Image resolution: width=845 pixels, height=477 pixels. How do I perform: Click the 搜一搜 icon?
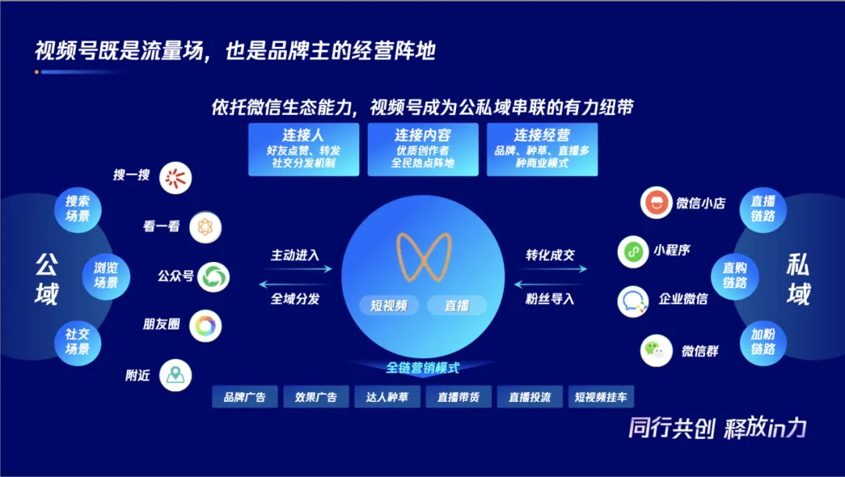coord(175,178)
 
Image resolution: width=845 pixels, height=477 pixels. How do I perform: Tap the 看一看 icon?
coord(205,228)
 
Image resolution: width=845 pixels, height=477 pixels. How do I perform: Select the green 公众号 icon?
coord(212,277)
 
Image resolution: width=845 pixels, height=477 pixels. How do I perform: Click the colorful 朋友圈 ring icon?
coord(205,325)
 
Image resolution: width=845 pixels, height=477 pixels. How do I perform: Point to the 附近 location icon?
coord(175,375)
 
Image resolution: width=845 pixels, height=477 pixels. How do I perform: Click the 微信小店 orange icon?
coord(656,203)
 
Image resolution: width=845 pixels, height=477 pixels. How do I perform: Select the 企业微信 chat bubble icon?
coord(633,301)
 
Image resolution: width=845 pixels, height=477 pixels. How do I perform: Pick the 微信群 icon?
coord(656,350)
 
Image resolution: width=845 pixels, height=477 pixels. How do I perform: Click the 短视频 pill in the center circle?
coord(389,306)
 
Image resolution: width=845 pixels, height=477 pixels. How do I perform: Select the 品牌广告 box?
coord(244,397)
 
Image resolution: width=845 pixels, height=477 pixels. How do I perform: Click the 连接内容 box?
coord(422,149)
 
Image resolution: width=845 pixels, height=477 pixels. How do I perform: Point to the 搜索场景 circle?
coord(77,209)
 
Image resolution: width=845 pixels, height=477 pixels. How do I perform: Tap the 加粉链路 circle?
coord(763,343)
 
